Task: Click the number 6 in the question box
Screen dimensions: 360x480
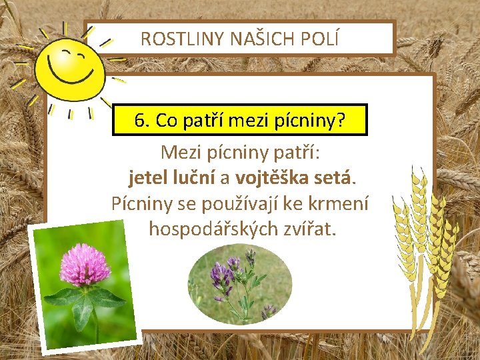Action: click(x=139, y=121)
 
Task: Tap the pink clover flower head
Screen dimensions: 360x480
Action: click(x=85, y=265)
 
